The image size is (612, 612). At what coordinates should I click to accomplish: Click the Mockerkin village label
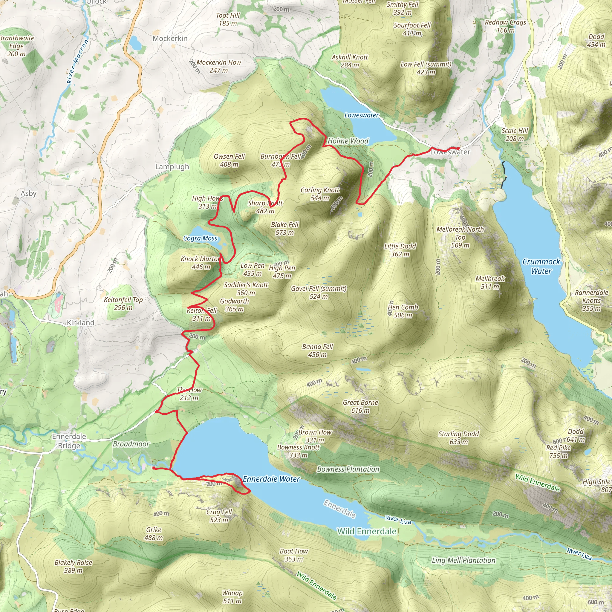170,39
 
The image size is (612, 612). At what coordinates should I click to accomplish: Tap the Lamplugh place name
172,167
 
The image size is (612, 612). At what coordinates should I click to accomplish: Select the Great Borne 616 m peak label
360,406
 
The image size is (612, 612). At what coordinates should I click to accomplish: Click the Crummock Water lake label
541,266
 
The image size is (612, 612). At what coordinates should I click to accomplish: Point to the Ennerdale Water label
271,479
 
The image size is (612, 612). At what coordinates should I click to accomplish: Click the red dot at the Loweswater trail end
458,148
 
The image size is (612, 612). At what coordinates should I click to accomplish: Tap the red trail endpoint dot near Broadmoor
154,468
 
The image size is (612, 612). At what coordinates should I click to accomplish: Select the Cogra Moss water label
200,238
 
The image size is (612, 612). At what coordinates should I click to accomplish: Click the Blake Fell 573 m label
285,228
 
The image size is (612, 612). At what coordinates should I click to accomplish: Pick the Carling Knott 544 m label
320,194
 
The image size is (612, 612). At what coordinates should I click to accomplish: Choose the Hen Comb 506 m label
403,311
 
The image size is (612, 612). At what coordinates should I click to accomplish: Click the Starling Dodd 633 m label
458,438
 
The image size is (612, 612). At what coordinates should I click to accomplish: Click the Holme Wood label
348,141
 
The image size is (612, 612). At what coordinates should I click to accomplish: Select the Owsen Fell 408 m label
229,160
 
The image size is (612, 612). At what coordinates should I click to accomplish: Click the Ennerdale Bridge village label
69,441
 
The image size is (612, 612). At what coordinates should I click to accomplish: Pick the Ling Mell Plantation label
463,560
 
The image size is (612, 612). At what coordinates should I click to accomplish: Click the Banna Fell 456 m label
317,351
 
